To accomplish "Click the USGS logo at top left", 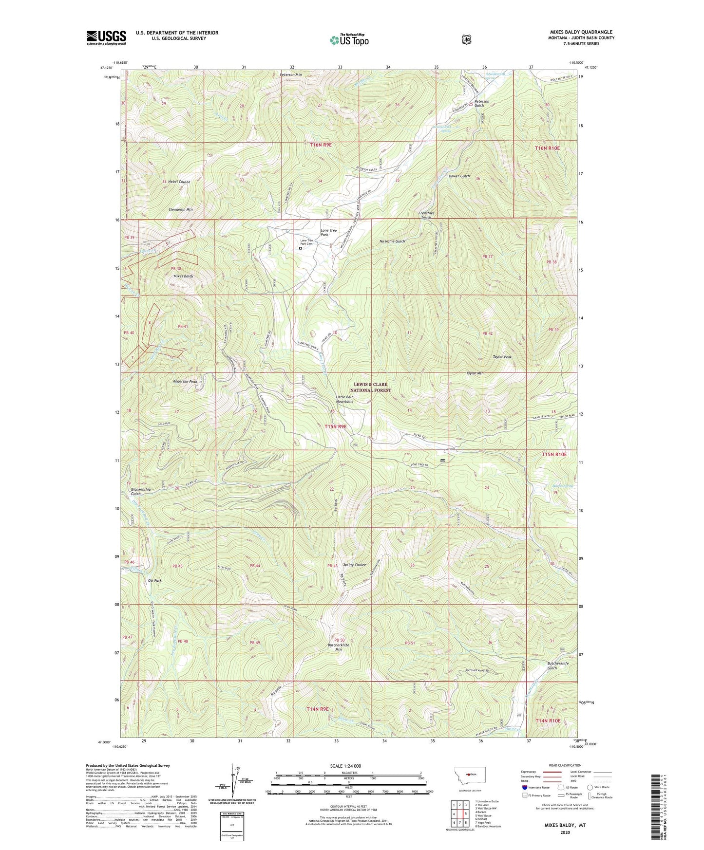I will (106, 37).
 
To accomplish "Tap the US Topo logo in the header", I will (349, 40).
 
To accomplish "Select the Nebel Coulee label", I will (179, 182).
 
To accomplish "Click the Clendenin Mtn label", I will (180, 209).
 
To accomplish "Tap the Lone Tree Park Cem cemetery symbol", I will (300, 248).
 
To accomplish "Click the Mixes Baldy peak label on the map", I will (183, 276).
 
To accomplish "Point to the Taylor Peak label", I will (502, 357).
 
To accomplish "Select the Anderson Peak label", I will (185, 382).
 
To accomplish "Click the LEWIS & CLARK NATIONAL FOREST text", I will (370, 387).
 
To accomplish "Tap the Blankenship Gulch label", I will (141, 491).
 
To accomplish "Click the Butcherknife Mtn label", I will (339, 647).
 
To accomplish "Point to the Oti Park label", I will (154, 581).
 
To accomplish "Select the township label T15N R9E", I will (335, 426).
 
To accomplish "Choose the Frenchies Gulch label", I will (426, 216).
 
